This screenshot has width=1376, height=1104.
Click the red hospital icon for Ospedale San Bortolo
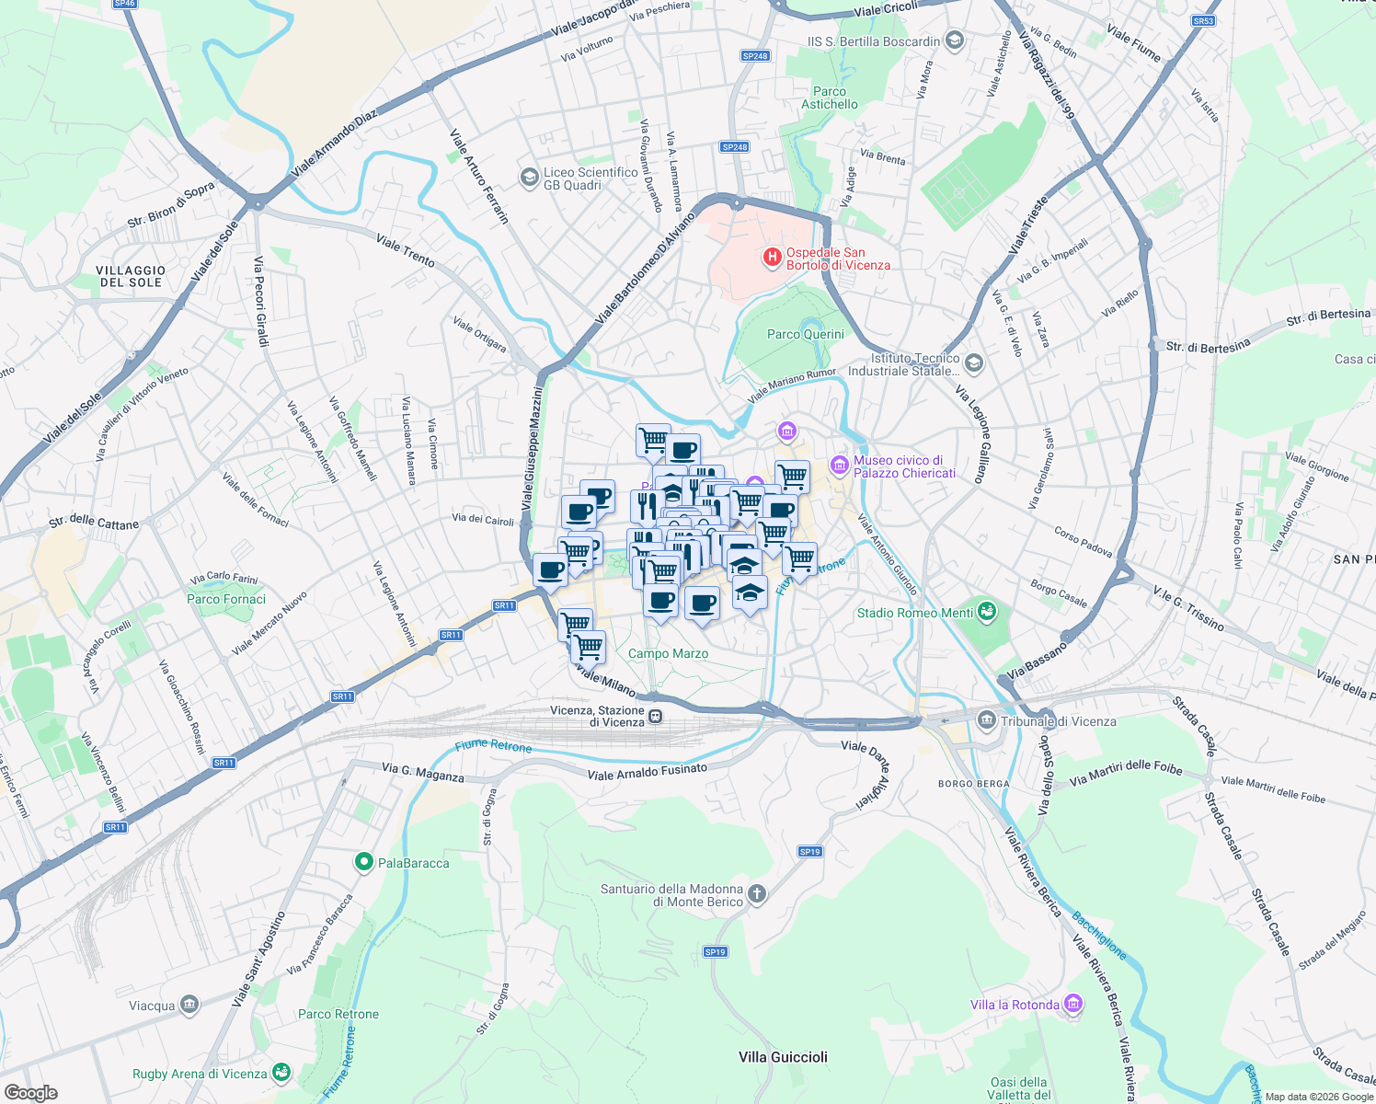pos(773,258)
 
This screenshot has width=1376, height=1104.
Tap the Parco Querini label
pos(806,334)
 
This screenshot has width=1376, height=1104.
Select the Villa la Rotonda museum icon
pos(1073,1004)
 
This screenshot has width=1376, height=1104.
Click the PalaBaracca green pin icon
pos(364,862)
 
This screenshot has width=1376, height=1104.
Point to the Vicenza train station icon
pos(656,717)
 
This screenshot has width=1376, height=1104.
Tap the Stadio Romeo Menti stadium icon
pos(987,612)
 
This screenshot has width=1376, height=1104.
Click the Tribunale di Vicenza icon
pos(987,720)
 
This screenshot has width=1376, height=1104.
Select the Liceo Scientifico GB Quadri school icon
pos(529,177)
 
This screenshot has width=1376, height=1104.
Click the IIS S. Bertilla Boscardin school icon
pos(955,40)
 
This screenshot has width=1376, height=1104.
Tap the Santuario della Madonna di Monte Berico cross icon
pos(756,893)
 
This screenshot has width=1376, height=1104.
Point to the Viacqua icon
pos(189,1005)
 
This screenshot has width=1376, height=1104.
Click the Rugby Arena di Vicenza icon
pos(281,1073)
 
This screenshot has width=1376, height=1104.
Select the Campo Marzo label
pos(668,653)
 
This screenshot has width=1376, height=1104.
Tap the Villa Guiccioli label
pos(783,1057)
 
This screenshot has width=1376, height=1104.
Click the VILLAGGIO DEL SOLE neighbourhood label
pos(131,276)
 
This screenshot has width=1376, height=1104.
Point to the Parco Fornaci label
pos(226,599)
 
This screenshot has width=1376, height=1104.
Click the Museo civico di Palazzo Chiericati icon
pos(839,466)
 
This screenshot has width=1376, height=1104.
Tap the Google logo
pos(30,1093)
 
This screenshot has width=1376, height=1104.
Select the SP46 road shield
pos(124,4)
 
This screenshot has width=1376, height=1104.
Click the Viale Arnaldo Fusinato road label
pos(648,772)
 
